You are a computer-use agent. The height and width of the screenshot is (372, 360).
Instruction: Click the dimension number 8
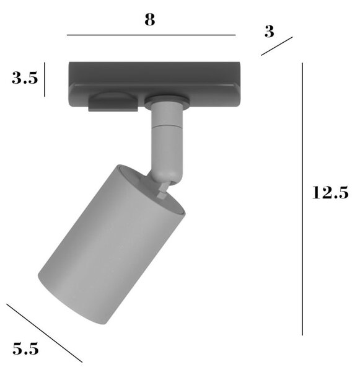(150, 19)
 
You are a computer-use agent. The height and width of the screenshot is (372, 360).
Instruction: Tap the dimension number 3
(269, 32)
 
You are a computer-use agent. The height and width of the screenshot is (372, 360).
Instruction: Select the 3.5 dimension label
(25, 78)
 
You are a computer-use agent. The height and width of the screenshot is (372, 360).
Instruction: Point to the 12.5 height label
(330, 192)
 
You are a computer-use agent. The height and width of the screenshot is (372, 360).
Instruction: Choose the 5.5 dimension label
(25, 348)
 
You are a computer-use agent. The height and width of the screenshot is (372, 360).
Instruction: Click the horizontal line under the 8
(151, 35)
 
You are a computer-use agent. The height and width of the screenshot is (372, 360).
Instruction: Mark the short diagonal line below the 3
(277, 46)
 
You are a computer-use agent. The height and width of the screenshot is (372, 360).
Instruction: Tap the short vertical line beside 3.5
(45, 79)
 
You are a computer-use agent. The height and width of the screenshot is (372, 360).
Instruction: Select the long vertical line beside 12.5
(302, 199)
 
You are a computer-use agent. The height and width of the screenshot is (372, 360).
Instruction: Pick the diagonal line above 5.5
(45, 333)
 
